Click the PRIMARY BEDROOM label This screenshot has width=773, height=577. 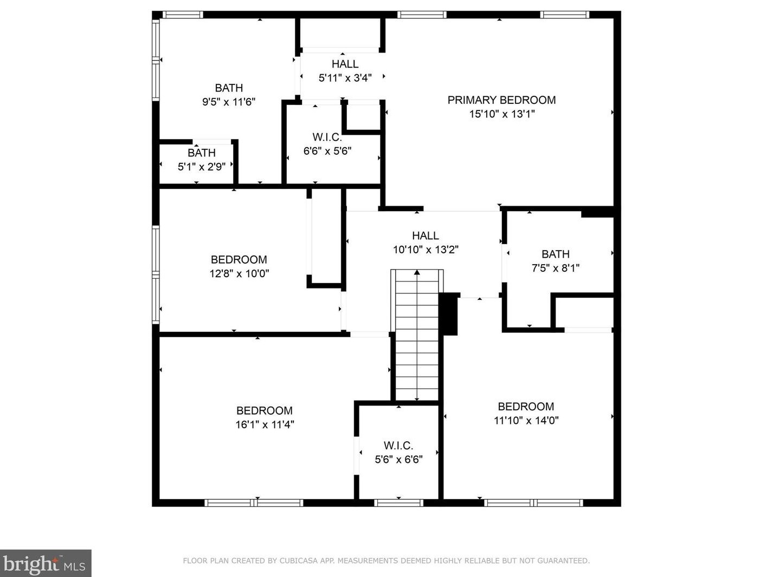tap(501, 100)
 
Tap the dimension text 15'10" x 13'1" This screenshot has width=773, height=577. tap(502, 114)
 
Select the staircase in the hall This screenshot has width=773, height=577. tap(417, 335)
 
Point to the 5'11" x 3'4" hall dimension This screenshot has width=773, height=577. tap(345, 78)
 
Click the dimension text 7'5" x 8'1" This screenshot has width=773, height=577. tap(556, 268)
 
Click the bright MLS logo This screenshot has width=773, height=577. tap(46, 563)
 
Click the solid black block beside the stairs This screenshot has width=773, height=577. tap(448, 313)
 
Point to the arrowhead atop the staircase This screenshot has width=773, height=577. tap(417, 272)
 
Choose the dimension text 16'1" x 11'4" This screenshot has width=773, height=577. tap(265, 425)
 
